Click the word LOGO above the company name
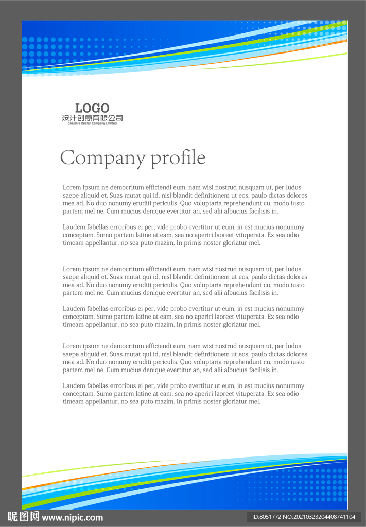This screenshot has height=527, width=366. (92, 108)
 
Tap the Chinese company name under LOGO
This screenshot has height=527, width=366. (92, 118)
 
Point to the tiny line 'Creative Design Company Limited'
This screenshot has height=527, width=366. (92, 124)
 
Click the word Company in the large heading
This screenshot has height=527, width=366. (102, 158)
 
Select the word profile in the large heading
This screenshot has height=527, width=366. (178, 158)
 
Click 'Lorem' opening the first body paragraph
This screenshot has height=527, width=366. (72, 187)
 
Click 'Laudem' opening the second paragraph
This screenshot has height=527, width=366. (74, 227)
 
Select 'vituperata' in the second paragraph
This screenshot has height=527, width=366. (243, 235)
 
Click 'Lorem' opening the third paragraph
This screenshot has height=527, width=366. (72, 269)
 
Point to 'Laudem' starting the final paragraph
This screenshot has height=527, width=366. (74, 386)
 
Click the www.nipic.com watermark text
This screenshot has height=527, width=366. (72, 517)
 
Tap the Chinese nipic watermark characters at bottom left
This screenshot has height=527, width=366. (24, 517)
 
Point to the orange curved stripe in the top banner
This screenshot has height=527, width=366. (288, 54)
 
